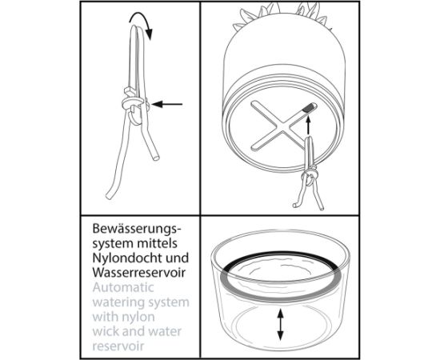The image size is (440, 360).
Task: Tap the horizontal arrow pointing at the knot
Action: [167, 104]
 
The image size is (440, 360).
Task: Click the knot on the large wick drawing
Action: [135, 106]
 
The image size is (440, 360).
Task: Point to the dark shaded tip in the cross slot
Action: [309, 107]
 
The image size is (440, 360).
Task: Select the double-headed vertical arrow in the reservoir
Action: [280, 324]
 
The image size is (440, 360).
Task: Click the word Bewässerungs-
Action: [137, 229]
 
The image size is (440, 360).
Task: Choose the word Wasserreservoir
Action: [139, 272]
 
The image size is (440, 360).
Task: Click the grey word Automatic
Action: [123, 287]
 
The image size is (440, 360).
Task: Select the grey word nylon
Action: [139, 317]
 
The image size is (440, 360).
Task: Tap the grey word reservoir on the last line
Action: [118, 346]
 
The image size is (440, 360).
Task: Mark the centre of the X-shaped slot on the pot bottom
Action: [284, 126]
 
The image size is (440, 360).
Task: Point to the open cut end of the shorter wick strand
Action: [156, 158]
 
